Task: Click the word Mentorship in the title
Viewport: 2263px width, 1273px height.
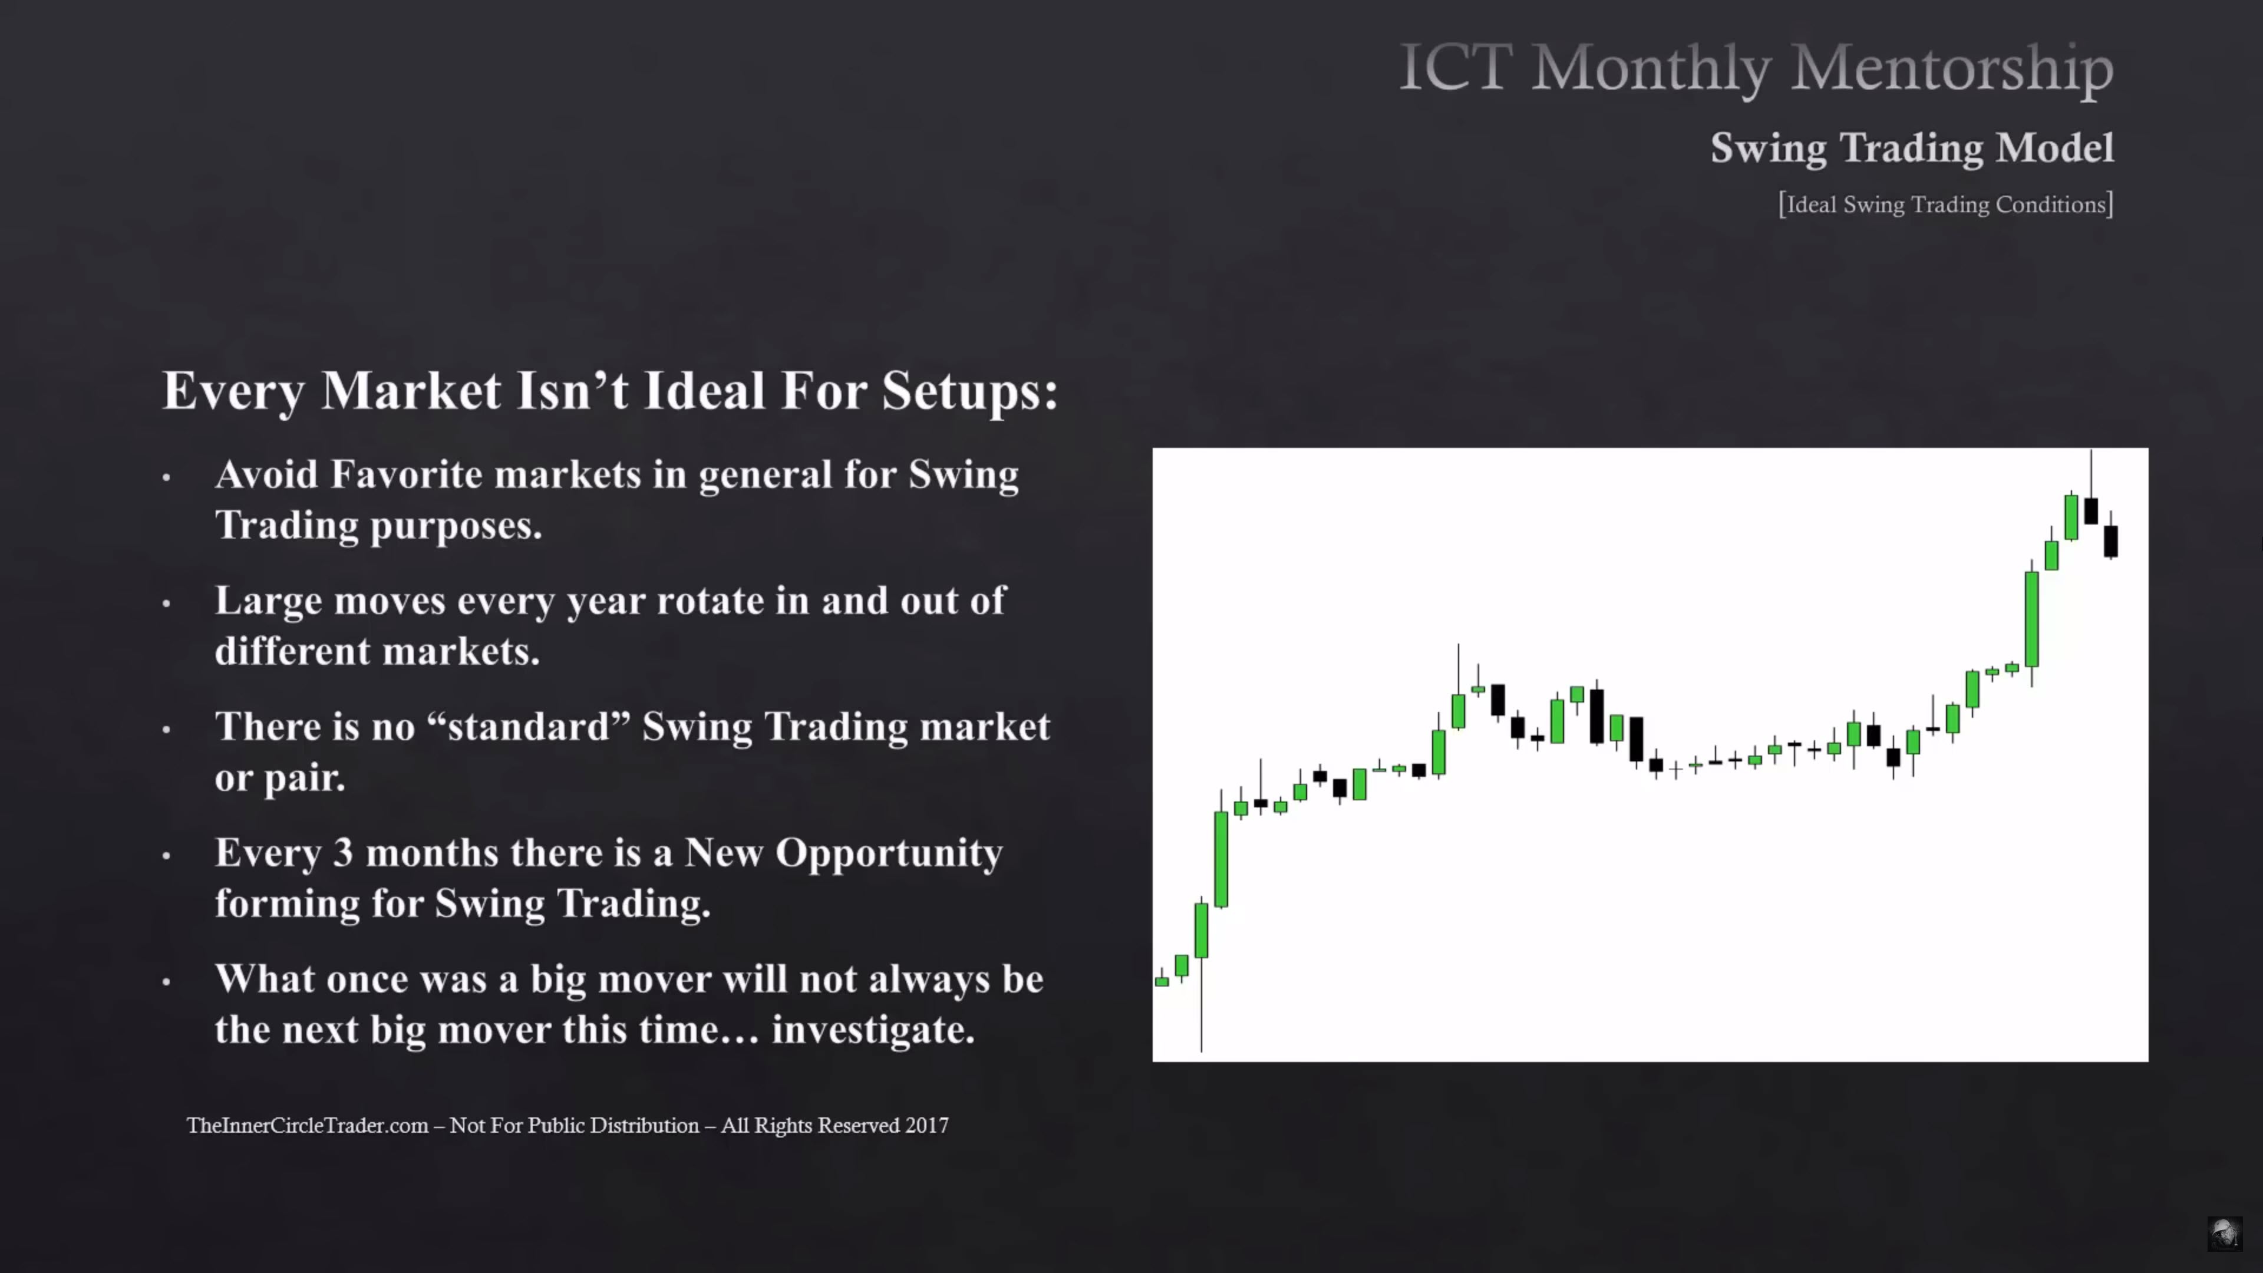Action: [x=1952, y=68]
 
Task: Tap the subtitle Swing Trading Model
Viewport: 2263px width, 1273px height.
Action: [x=1912, y=147]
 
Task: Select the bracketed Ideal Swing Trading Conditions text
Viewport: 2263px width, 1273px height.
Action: [x=1946, y=204]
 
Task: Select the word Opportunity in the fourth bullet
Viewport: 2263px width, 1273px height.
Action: [x=888, y=855]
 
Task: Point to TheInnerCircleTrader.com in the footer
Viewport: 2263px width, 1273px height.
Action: [x=308, y=1126]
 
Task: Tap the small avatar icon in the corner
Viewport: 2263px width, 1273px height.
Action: [x=2224, y=1234]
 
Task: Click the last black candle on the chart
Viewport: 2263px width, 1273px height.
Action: [x=2110, y=540]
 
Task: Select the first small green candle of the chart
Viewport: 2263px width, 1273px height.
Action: [x=1162, y=981]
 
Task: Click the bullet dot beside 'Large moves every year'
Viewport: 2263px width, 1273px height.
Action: [x=166, y=603]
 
